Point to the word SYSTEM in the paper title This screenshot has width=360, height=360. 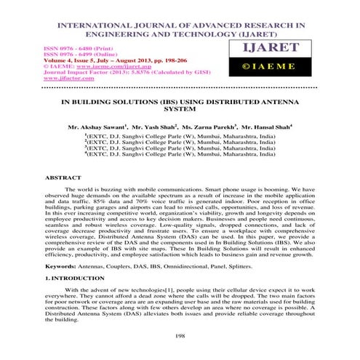(x=180, y=110)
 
